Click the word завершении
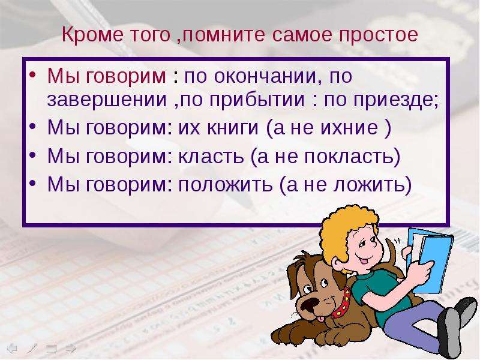pos(107,100)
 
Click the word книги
pos(233,127)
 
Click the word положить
pos(226,185)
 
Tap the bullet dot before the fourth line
pos(33,183)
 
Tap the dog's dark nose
pos(310,304)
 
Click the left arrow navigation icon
pos(12,349)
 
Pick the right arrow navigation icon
pos(71,349)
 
